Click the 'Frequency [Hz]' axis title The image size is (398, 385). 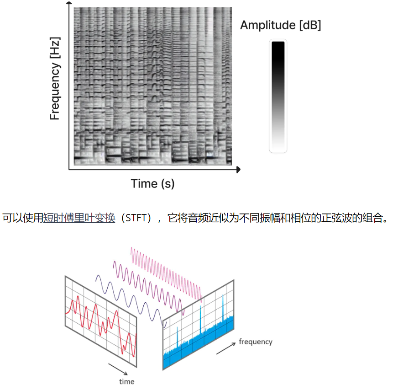pos(55,79)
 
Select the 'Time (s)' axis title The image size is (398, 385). pos(152,184)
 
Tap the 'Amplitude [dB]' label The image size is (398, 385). pos(280,25)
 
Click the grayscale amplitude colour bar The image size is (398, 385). pos(278,96)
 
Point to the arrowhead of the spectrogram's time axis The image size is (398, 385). pos(238,170)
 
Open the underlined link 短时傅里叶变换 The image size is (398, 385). pos(79,218)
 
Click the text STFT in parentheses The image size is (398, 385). pos(138,218)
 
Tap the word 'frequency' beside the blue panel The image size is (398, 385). pos(256,342)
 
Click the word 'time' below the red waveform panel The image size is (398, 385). pos(127,381)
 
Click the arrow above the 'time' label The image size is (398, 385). pos(117,369)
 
